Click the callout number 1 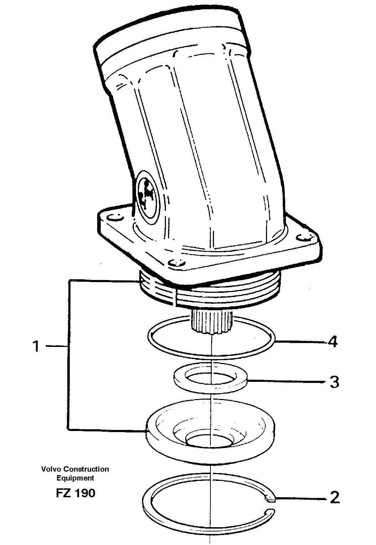pyautogui.click(x=36, y=346)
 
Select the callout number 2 pyautogui.click(x=335, y=498)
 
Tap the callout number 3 pyautogui.click(x=334, y=382)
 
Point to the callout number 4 pyautogui.click(x=332, y=342)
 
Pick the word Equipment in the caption pyautogui.click(x=75, y=478)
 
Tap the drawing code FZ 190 pyautogui.click(x=75, y=493)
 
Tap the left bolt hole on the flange pyautogui.click(x=114, y=217)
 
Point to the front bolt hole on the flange pyautogui.click(x=177, y=263)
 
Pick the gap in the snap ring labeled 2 pyautogui.click(x=272, y=506)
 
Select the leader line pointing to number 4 pyautogui.click(x=301, y=342)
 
